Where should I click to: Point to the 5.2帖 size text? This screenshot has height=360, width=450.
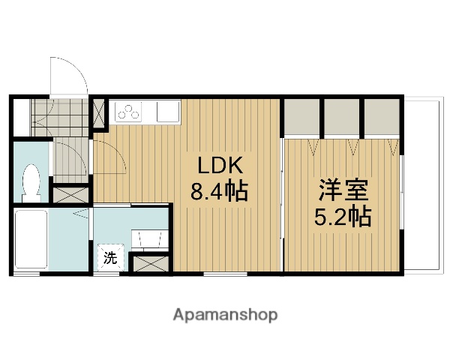342,217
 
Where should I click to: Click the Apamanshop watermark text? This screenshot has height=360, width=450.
225,315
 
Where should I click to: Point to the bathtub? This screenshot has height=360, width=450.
31,238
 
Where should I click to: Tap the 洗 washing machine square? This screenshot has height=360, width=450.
111,259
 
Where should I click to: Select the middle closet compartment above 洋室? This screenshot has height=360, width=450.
342,115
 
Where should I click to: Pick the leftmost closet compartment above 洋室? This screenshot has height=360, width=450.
302,115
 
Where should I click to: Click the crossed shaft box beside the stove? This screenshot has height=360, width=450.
99,114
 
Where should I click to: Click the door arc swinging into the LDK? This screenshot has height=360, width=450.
111,157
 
